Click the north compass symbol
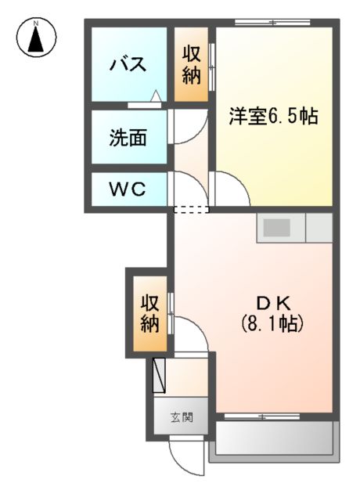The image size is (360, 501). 36,38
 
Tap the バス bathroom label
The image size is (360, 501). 128,64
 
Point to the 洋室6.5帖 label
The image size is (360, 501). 272,117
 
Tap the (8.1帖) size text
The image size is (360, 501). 271,323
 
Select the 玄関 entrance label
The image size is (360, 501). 182,417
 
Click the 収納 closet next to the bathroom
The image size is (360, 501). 191,65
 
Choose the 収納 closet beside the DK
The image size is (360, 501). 149,312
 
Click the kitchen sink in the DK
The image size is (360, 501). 276,229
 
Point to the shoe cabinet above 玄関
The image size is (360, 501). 160,375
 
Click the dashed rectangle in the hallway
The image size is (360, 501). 192,209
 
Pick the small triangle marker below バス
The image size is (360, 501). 156,98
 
